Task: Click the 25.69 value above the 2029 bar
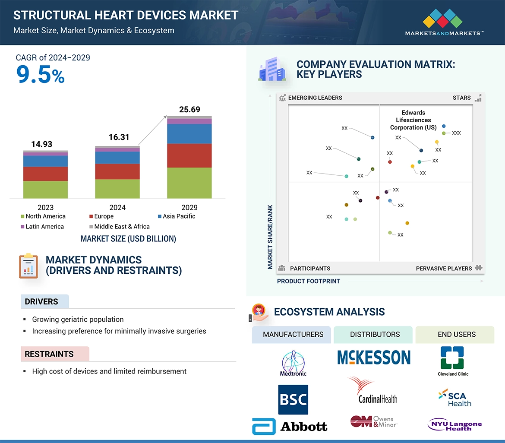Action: point(189,109)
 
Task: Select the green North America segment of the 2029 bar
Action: point(189,183)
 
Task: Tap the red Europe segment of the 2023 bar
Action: point(45,174)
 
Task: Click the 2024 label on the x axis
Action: point(117,207)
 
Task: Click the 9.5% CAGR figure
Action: point(40,75)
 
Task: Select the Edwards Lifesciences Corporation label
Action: point(413,120)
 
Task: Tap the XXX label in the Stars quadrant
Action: point(456,133)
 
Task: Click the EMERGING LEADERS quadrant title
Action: point(315,98)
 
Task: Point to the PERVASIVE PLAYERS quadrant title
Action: point(444,268)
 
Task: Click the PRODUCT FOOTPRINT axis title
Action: point(308,281)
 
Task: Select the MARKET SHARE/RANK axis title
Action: point(270,237)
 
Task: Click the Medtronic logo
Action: point(293,363)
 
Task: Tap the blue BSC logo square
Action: point(293,399)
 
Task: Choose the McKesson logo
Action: point(374,358)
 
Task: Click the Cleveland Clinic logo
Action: point(452,361)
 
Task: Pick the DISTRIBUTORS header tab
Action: point(375,334)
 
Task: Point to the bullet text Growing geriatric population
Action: point(78,320)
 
